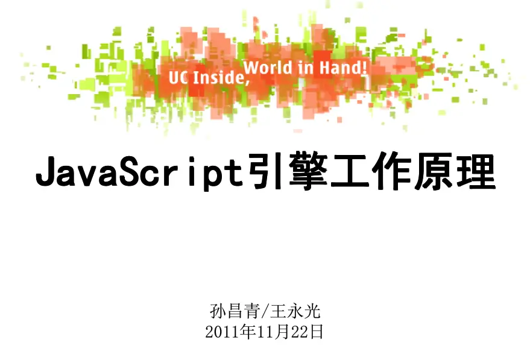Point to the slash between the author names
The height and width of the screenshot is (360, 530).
tap(265, 312)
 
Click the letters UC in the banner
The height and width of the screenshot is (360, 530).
tap(177, 77)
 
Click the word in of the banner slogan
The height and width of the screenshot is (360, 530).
tap(307, 68)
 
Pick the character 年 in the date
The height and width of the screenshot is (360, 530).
tap(248, 332)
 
